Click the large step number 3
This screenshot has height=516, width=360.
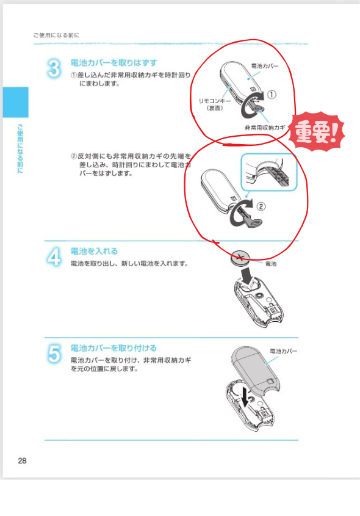54,68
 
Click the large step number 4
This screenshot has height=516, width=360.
54,257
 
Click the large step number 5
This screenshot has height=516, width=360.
54,354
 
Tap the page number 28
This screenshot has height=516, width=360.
22,460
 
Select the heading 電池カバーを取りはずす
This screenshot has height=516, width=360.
113,62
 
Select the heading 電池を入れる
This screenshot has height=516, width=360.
94,251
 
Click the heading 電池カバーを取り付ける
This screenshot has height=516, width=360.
113,348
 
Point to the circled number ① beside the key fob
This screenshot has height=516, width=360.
272,95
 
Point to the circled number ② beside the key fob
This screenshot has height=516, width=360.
261,206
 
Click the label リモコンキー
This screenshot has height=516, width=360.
215,101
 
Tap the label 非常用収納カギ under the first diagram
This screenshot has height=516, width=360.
265,128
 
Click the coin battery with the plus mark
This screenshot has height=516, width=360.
240,257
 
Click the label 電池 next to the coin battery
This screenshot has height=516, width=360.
271,264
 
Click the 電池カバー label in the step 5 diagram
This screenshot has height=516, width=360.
283,351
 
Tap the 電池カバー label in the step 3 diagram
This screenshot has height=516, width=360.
265,66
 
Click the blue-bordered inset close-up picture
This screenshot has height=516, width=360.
269,172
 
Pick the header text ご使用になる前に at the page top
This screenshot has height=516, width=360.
56,35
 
